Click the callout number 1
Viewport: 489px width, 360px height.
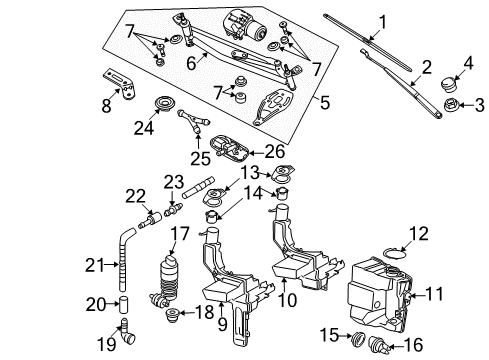[383, 22]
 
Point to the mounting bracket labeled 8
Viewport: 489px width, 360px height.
[119, 83]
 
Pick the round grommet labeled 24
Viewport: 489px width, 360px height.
[165, 104]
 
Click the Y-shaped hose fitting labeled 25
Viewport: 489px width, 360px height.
[194, 121]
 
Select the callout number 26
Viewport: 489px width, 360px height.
[275, 152]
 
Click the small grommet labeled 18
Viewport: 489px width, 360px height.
[172, 315]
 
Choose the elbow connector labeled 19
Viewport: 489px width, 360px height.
[127, 334]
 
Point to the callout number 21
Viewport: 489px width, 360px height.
[95, 265]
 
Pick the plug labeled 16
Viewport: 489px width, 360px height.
[378, 345]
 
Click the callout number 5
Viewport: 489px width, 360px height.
[324, 102]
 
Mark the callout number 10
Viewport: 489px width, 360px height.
[287, 300]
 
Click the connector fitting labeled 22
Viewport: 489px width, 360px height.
[150, 220]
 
